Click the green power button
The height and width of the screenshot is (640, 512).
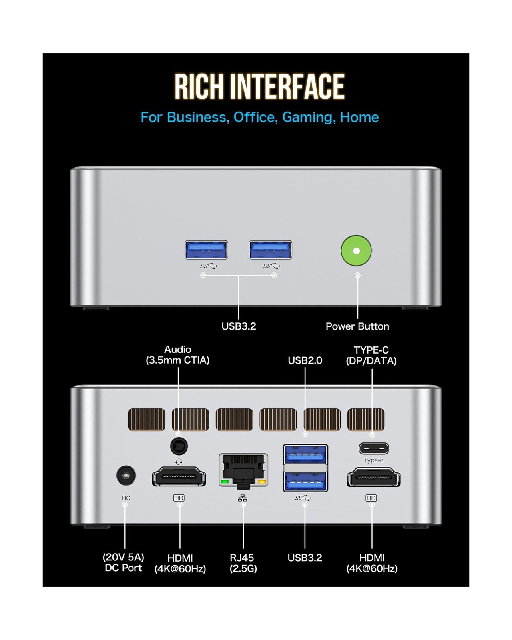pos(356,251)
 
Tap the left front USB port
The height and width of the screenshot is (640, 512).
pos(206,250)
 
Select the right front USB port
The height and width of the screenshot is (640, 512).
pos(271,250)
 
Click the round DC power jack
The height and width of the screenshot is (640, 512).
pos(126,476)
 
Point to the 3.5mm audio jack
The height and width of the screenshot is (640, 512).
pos(179,446)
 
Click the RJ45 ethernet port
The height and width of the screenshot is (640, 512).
pos(243,470)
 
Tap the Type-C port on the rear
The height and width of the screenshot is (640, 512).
pos(374,448)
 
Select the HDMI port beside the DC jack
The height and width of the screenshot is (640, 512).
pos(179,477)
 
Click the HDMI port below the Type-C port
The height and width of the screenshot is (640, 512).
pos(373,477)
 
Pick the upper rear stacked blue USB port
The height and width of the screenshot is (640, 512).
pos(305,454)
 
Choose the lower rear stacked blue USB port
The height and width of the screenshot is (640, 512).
pos(305,482)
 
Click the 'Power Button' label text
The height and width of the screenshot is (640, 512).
pos(357,326)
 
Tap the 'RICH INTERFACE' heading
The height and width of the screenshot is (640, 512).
pos(259,86)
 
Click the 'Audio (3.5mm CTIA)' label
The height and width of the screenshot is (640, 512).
pos(178,355)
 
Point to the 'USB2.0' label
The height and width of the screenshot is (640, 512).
pos(305,360)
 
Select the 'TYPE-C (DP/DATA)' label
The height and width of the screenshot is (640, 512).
pos(371,355)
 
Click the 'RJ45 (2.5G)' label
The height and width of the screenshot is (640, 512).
pos(243,563)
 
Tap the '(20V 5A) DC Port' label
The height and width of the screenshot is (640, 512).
pos(124,562)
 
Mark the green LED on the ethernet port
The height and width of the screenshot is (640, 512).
pos(225,482)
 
